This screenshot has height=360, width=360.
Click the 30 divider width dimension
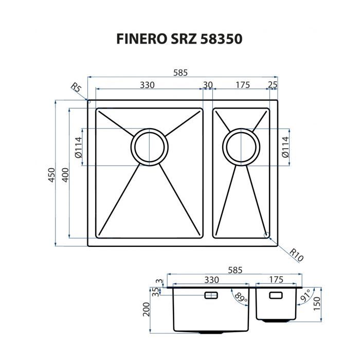(208, 84)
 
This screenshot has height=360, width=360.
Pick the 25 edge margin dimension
(273, 84)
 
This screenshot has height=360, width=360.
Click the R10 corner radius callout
(295, 254)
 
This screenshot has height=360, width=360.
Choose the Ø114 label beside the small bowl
(286, 147)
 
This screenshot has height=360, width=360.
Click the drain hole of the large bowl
(149, 147)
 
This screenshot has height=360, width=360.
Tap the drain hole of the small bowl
(242, 147)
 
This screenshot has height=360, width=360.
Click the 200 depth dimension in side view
(147, 309)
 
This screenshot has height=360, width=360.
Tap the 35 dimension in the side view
(155, 292)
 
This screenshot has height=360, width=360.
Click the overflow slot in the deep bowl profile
(211, 295)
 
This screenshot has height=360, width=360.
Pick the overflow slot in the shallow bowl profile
(277, 295)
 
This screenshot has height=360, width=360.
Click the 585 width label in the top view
(180, 73)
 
